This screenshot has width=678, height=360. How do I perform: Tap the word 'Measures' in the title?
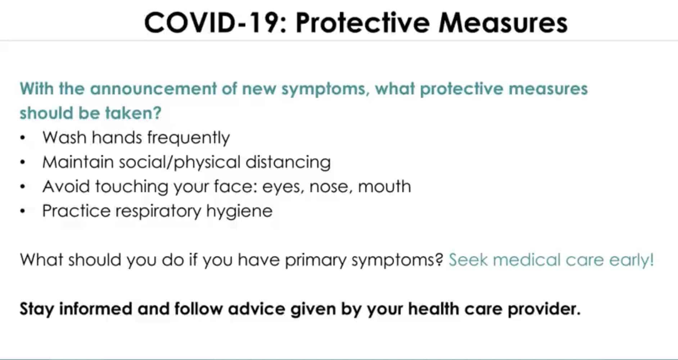(x=503, y=23)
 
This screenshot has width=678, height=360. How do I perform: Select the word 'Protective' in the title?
(x=362, y=23)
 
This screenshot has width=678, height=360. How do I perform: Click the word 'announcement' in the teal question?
(x=153, y=89)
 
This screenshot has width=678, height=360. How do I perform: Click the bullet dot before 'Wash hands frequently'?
(x=23, y=138)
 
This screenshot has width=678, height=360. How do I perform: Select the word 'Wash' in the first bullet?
(x=64, y=138)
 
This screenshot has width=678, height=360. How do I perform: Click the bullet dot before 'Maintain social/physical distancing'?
(x=23, y=162)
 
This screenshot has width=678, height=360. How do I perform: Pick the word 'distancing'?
(x=288, y=163)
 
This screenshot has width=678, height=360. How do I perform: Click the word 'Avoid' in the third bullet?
(x=66, y=187)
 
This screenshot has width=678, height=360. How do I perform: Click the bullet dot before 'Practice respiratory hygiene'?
(x=23, y=211)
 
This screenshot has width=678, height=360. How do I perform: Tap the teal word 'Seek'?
(x=468, y=260)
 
